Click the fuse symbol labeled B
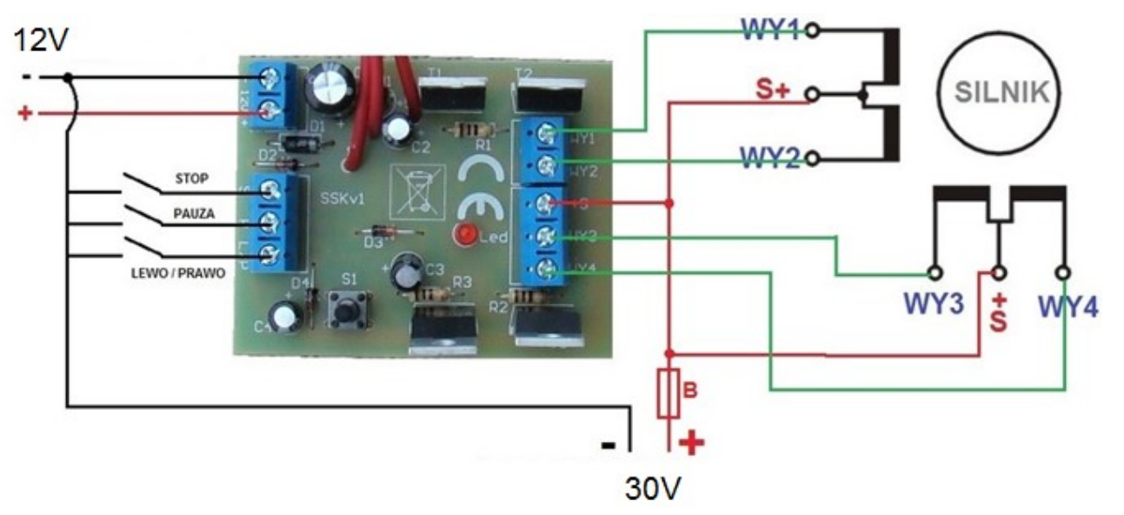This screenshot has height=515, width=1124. tap(668, 394)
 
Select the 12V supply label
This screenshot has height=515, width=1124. tap(37, 41)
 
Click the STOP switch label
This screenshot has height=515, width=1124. tap(191, 179)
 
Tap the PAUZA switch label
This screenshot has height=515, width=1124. tap(194, 212)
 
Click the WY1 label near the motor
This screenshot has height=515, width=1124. tap(770, 30)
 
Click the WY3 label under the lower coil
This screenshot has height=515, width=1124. tap(934, 305)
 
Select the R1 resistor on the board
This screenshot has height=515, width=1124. tap(462, 130)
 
